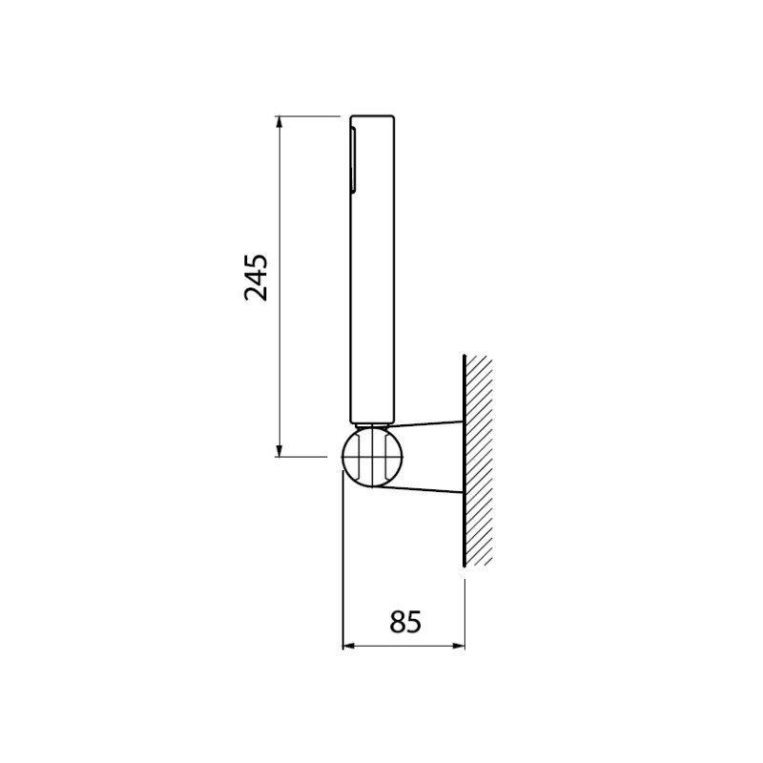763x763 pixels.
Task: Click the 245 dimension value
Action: (256, 278)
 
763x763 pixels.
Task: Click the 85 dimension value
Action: (404, 622)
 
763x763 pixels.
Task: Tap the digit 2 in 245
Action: (256, 294)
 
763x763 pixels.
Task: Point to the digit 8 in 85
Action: (398, 622)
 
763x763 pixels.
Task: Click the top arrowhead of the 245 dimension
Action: (278, 122)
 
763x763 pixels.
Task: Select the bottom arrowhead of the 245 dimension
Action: (278, 451)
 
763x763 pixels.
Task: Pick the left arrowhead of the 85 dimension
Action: (349, 646)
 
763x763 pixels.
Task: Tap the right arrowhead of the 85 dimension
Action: (459, 646)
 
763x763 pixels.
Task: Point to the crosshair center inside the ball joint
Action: (373, 457)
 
